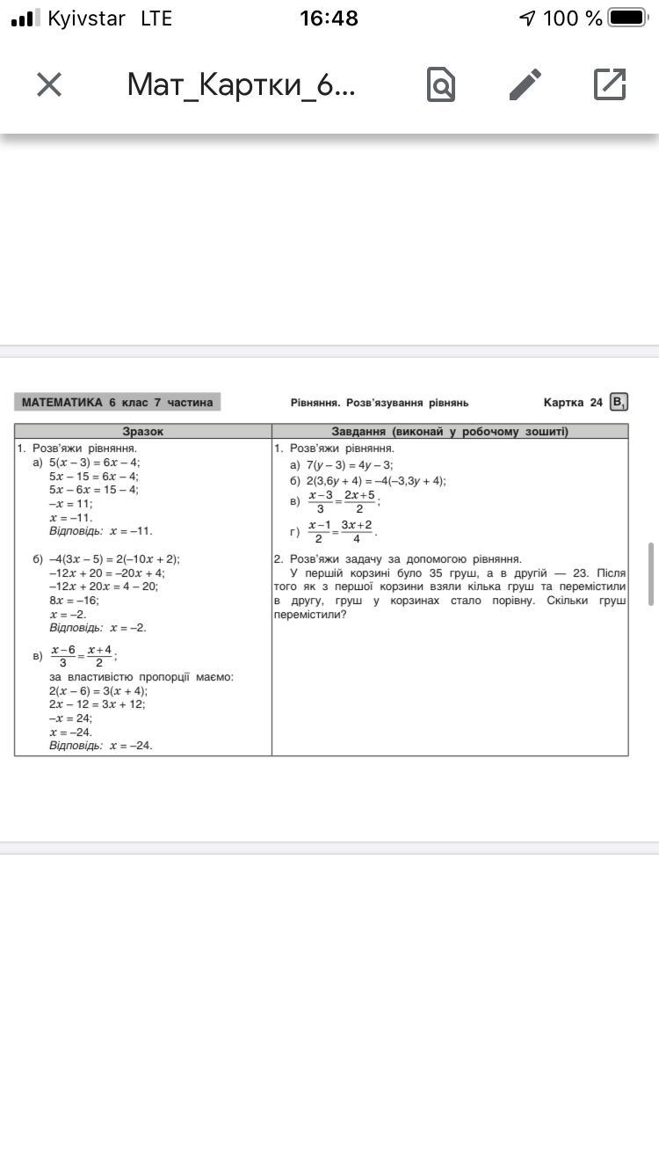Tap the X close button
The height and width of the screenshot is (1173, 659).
(49, 84)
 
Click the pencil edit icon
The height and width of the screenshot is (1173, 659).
(525, 84)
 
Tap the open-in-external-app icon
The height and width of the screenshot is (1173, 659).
(610, 84)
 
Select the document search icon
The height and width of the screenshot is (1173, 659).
(441, 84)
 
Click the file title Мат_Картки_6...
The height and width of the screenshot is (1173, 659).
(241, 84)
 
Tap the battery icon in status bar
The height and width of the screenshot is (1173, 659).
(627, 18)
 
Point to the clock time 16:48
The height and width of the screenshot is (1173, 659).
(329, 18)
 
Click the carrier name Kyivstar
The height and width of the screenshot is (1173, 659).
(86, 18)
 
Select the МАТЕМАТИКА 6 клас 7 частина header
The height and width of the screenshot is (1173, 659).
(117, 403)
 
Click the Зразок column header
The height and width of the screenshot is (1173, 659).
(142, 431)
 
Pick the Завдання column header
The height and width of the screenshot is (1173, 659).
(450, 431)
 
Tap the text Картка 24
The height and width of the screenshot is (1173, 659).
(573, 403)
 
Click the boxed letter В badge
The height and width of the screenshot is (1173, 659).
(619, 403)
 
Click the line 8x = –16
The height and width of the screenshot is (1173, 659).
(74, 600)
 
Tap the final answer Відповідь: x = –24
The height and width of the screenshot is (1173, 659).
(100, 745)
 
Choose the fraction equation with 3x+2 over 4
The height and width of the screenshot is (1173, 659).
(341, 531)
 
